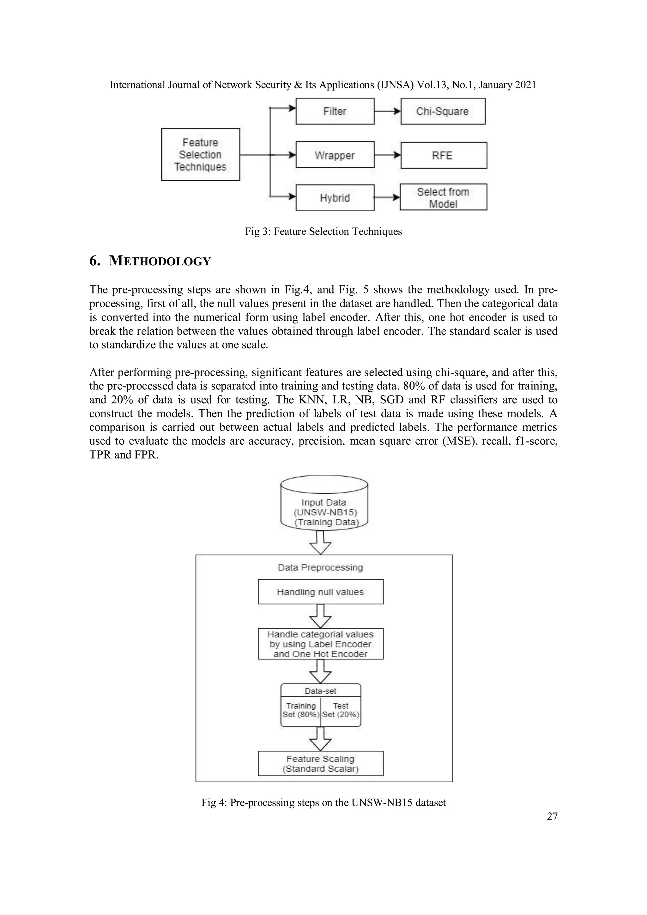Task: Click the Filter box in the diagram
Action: [335, 111]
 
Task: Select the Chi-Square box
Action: [443, 111]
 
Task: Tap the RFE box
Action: [443, 155]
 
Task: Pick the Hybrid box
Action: [335, 198]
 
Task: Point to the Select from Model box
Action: [443, 197]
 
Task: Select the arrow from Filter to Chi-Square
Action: [387, 111]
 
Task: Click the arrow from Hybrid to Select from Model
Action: [387, 198]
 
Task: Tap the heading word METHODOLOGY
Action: [160, 262]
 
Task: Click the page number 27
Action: [552, 816]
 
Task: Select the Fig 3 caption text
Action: [323, 232]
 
